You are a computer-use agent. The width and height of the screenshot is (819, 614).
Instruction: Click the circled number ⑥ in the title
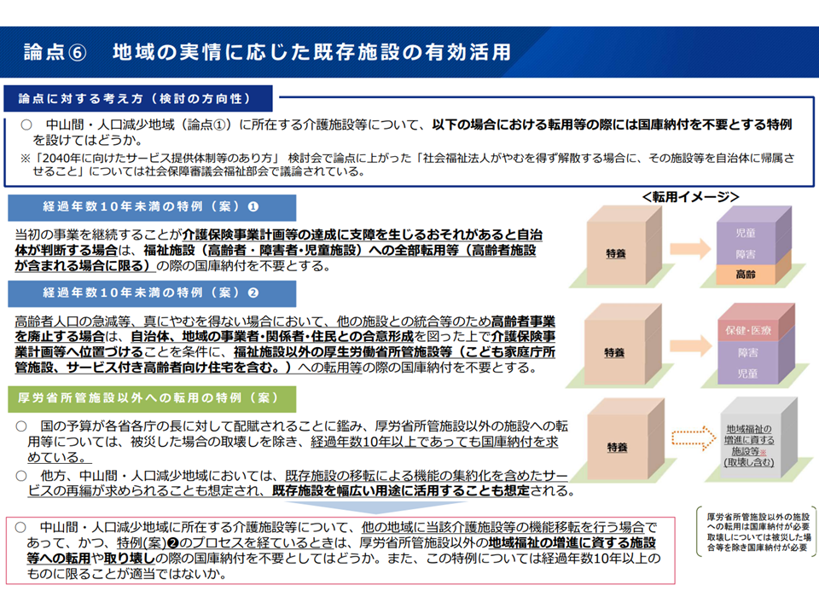click(78, 53)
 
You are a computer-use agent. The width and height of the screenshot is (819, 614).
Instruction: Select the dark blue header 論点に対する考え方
click(138, 99)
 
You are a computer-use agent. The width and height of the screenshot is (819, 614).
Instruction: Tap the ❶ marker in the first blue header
click(253, 206)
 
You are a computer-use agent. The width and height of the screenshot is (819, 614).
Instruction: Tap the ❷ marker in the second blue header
click(253, 293)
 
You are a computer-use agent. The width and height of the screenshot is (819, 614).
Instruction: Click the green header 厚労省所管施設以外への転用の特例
click(152, 398)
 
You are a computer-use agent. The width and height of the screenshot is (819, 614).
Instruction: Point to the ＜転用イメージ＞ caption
click(690, 197)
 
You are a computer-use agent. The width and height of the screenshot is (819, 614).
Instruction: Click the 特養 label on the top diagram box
click(616, 254)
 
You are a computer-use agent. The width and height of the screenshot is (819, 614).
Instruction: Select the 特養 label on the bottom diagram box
click(617, 448)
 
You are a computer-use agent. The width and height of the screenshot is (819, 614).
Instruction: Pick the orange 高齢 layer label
click(746, 274)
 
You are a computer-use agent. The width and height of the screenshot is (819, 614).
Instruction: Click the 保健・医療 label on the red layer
click(748, 331)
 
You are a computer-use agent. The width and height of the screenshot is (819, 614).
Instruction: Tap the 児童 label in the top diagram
click(746, 233)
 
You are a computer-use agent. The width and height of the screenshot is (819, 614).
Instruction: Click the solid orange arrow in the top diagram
click(690, 248)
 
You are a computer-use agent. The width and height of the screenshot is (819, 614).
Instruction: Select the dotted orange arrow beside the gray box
click(693, 437)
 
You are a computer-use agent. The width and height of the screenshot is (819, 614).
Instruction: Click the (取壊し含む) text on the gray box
click(748, 462)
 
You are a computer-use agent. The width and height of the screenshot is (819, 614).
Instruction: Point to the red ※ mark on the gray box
click(763, 452)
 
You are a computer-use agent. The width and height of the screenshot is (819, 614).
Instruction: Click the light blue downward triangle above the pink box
click(375, 507)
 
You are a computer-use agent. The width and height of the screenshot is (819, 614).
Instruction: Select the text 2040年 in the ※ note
click(60, 158)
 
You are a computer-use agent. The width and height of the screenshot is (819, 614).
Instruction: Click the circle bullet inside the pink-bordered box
click(20, 527)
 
